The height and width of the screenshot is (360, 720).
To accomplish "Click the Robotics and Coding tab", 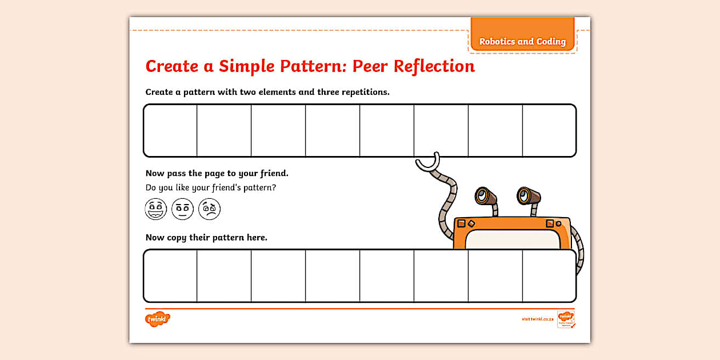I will click(x=522, y=41).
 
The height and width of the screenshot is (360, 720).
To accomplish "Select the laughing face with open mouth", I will click(x=155, y=209).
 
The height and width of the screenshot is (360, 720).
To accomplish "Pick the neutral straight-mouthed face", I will click(x=182, y=209).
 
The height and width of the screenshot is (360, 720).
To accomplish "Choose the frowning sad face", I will click(x=209, y=209).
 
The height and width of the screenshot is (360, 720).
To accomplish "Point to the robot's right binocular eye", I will click(x=527, y=196).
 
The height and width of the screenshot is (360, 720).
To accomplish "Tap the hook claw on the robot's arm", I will click(x=428, y=163).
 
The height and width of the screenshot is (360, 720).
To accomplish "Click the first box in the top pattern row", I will click(x=170, y=130).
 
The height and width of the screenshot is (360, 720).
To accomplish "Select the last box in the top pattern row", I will click(x=549, y=130).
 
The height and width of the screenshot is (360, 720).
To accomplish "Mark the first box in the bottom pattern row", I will click(x=170, y=275).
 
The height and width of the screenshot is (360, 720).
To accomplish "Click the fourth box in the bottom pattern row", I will click(x=333, y=275).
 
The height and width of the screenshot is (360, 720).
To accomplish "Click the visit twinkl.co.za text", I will click(x=537, y=319).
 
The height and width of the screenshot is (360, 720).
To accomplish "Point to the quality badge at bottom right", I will click(x=566, y=319).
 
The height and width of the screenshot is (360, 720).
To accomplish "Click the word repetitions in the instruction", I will click(x=362, y=92).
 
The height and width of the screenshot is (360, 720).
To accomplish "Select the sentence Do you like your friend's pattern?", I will click(x=215, y=187).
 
